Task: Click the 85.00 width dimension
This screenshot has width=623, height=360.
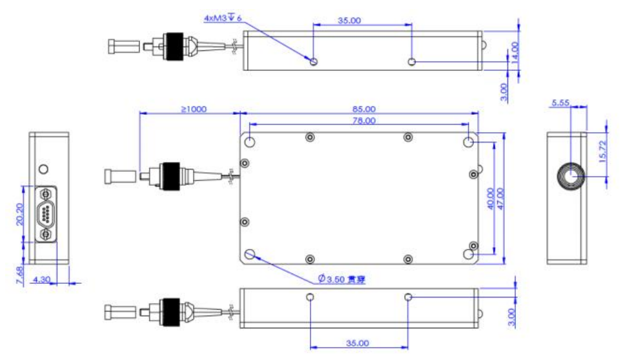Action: tap(364, 109)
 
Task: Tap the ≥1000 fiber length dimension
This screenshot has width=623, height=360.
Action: tap(193, 109)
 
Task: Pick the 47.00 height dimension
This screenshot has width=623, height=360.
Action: tap(500, 199)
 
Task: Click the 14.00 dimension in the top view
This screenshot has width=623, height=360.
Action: tap(515, 50)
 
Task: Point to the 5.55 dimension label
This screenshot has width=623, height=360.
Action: tap(560, 103)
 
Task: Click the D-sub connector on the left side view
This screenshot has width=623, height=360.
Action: tap(46, 214)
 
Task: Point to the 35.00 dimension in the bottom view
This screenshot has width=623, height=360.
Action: tap(358, 343)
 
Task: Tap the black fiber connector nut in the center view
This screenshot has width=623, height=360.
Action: tap(170, 175)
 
